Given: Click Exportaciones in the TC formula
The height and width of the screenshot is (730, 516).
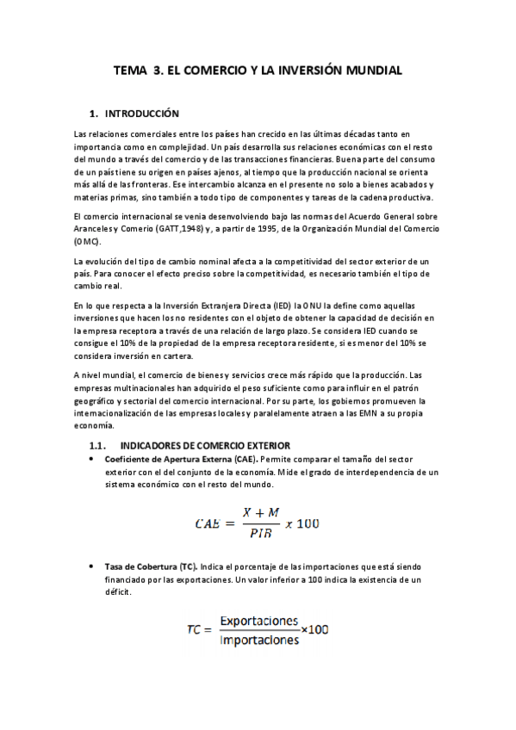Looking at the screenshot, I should pos(258,621).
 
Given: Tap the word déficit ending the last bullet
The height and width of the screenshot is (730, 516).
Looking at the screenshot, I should pos(120,592).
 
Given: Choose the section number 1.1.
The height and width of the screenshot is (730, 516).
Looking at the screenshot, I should pos(96,445).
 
